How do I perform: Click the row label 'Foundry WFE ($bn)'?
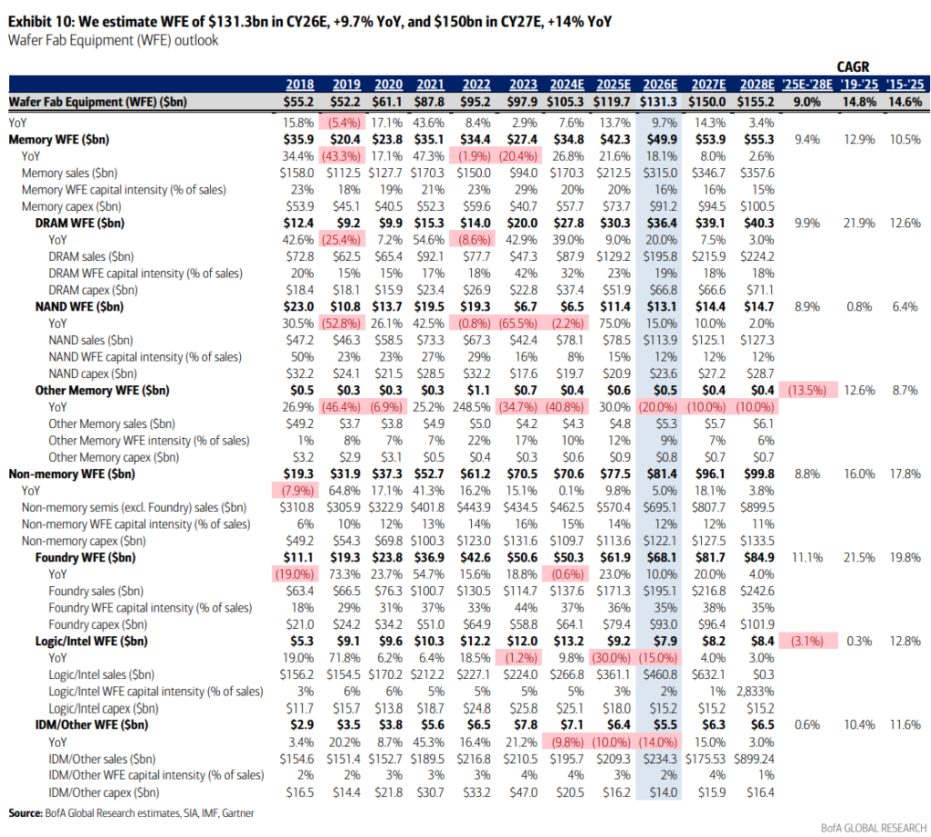[x=87, y=557]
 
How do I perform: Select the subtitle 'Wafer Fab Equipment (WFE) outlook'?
[x=114, y=41]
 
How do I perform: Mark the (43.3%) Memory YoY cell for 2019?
[x=343, y=155]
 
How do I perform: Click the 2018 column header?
[x=299, y=85]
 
